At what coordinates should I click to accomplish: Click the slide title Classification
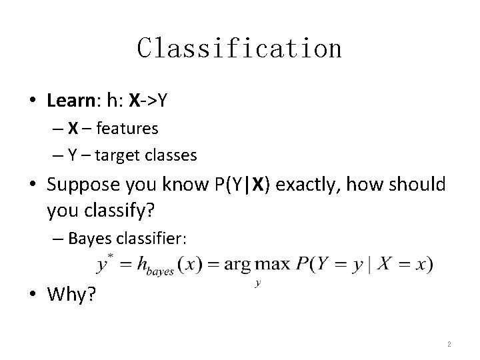click(x=239, y=48)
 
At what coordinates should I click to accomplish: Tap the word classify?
click(x=121, y=211)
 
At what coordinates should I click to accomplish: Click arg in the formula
click(x=237, y=265)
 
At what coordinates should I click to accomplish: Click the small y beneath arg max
click(x=257, y=283)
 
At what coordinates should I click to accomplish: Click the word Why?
click(x=71, y=295)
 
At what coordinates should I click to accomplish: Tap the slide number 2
click(x=449, y=344)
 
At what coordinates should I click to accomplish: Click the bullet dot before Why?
click(x=33, y=295)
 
